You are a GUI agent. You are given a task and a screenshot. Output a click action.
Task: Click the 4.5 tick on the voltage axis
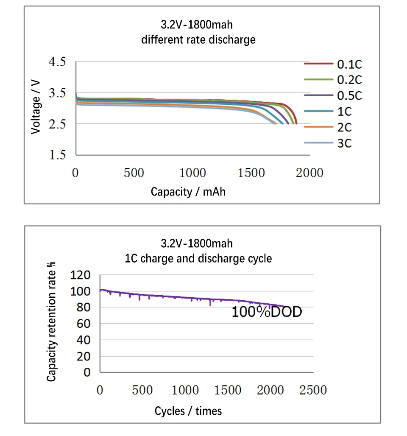tap(58, 62)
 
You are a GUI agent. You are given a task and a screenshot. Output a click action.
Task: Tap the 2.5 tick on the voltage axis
tap(58, 124)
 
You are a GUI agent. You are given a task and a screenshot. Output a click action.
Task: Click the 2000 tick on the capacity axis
tap(309, 173)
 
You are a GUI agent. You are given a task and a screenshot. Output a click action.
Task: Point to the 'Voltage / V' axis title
tap(36, 109)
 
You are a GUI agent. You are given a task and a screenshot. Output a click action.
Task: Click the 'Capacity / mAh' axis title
tap(188, 192)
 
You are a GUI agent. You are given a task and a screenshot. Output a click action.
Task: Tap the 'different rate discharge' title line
tap(198, 40)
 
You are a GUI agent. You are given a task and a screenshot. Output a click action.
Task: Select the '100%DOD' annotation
tap(267, 313)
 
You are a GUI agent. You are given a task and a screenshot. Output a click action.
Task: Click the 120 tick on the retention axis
tap(81, 276)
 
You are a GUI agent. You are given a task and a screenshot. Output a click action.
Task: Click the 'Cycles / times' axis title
tap(188, 411)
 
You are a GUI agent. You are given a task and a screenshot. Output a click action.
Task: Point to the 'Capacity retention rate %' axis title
tap(51, 321)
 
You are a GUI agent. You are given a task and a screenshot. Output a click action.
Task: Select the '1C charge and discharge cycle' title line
tap(198, 258)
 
